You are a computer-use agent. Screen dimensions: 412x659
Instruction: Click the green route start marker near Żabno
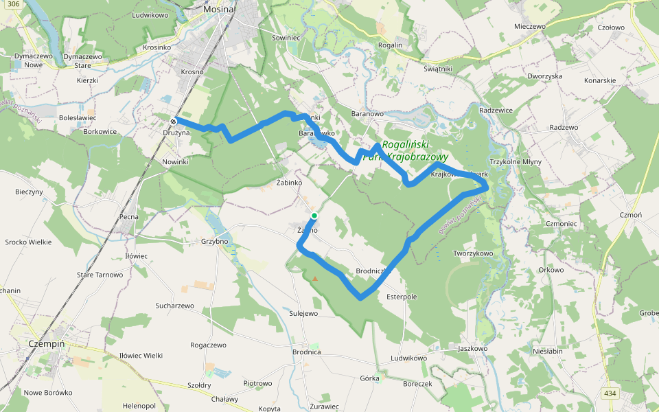pos(314,216)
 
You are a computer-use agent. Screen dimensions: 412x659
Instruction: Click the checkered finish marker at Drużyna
pos(174,122)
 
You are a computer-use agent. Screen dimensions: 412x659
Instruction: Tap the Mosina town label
pos(219,10)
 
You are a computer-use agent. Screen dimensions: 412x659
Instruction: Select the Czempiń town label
pos(47,342)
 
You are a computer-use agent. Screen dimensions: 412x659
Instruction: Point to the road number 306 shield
pos(10,5)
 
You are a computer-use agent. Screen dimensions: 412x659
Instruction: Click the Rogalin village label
pos(390,45)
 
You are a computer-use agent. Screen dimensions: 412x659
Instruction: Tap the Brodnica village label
pos(306,352)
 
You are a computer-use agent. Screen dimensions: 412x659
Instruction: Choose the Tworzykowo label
pos(473,253)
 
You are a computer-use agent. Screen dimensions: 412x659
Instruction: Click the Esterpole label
pos(402,297)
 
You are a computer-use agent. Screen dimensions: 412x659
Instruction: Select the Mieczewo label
pos(529,26)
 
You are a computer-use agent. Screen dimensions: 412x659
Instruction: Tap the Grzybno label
pos(213,241)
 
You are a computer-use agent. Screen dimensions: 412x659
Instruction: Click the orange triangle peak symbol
pos(315,279)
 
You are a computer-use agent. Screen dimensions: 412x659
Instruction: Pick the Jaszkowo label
pos(472,348)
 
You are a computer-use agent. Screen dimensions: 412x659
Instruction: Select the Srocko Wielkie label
pos(28,242)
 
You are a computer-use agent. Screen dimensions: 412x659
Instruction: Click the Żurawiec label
pos(323,407)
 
